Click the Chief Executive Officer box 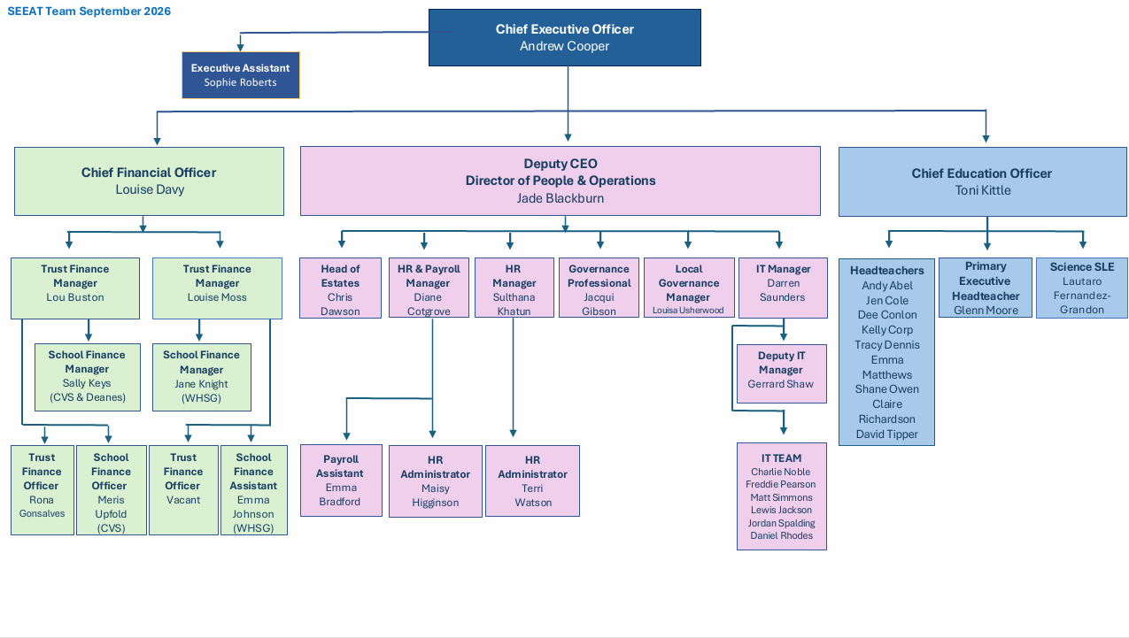tap(565, 37)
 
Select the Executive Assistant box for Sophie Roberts tap(241, 75)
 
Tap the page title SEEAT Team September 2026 tap(89, 12)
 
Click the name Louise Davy tap(150, 189)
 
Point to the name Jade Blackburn tap(560, 198)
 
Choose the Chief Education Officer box tap(982, 181)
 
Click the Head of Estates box tap(340, 288)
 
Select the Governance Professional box tap(599, 288)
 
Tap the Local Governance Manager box tap(689, 288)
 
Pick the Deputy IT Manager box tap(781, 373)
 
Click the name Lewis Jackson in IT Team tap(781, 510)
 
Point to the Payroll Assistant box tap(341, 480)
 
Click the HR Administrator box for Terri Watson tap(532, 480)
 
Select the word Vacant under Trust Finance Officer tap(183, 500)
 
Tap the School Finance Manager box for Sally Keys tap(87, 377)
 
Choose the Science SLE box tap(1081, 288)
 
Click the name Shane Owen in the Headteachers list tap(886, 389)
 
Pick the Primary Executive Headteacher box tap(986, 288)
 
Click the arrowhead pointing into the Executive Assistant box tap(241, 47)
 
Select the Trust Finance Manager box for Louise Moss tap(217, 288)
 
